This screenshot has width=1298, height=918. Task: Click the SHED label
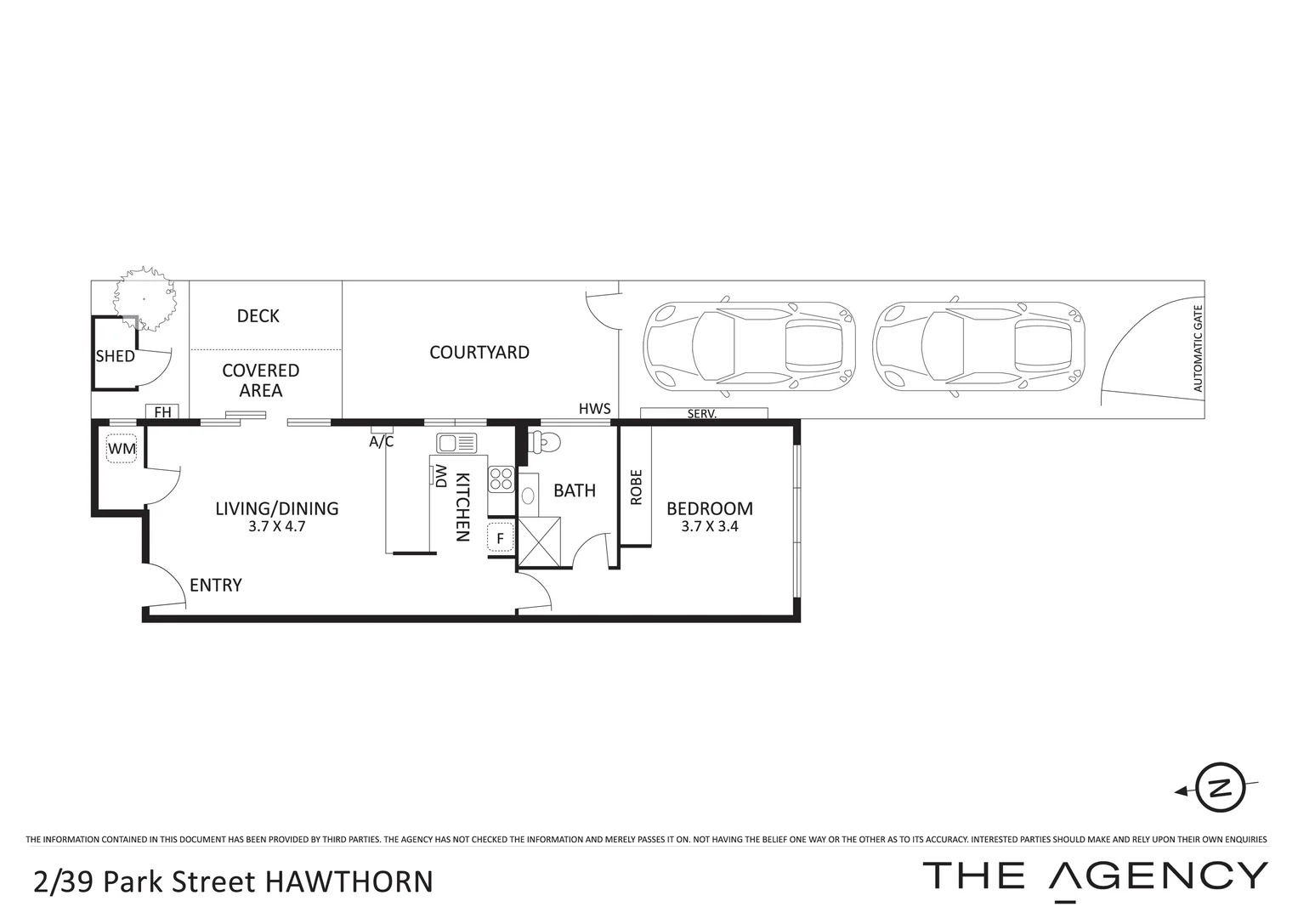[x=115, y=356]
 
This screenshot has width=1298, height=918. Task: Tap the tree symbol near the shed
[x=145, y=299]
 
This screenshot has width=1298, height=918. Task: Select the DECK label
[x=258, y=316]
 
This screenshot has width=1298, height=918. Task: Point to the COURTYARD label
[x=479, y=352]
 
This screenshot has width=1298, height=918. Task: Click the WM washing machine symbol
[x=122, y=448]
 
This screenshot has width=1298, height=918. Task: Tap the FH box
[x=162, y=412]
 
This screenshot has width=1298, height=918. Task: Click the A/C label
[x=382, y=442]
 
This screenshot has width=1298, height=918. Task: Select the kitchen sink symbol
[x=456, y=443]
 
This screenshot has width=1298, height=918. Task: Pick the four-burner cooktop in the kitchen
[x=501, y=479]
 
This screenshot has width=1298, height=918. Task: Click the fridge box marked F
[x=500, y=538]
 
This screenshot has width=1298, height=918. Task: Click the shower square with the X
[x=539, y=541]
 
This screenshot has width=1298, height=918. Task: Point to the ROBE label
[x=636, y=488]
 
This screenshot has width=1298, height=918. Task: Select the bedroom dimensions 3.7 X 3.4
[x=710, y=526]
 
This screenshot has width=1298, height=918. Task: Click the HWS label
[x=595, y=409]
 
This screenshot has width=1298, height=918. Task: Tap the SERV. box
[x=703, y=414]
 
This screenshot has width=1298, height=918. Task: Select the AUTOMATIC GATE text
[x=1199, y=348]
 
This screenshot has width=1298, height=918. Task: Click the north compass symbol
[x=1220, y=787]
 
